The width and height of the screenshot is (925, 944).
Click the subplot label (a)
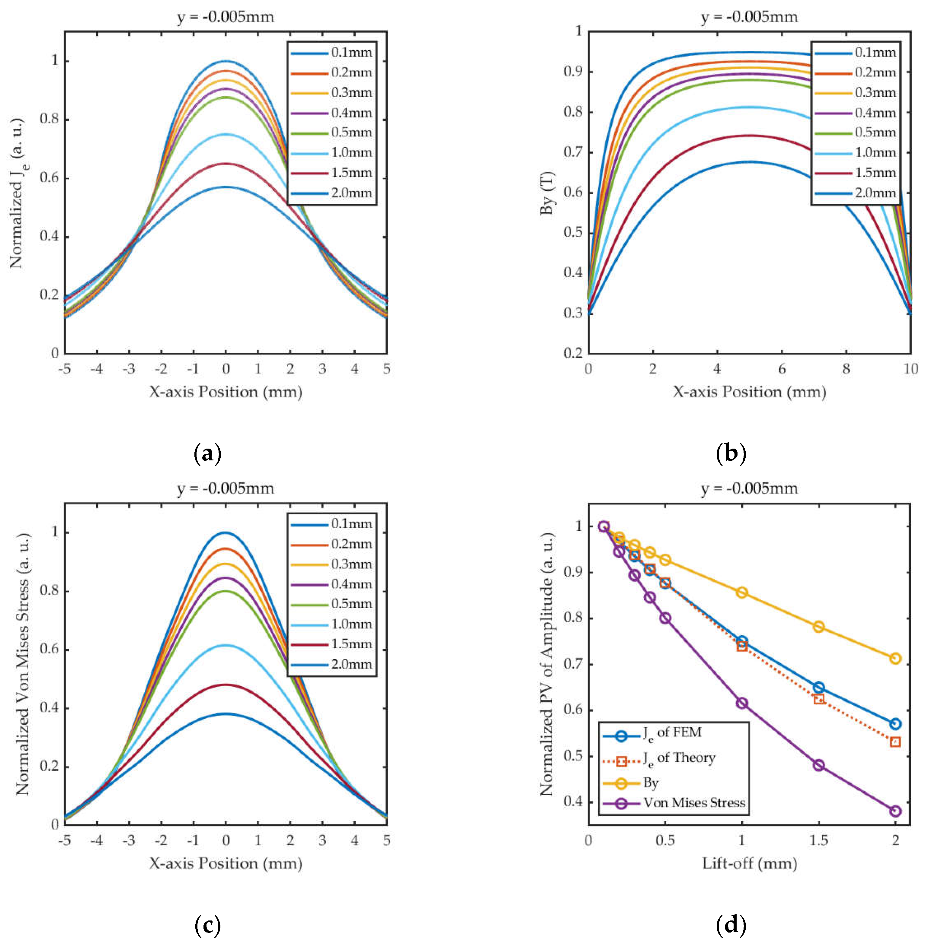click(207, 454)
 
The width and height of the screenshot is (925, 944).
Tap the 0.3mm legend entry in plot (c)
click(351, 564)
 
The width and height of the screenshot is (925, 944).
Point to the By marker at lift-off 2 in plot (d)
click(895, 659)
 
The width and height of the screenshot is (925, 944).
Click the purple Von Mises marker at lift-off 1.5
click(819, 765)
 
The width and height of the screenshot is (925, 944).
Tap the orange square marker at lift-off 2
click(895, 742)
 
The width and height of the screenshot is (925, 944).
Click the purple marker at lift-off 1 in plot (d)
click(742, 703)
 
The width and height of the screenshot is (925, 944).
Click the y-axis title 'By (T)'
click(548, 193)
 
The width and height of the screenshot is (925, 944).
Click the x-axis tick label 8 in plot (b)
click(846, 369)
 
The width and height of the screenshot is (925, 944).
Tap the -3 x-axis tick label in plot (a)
click(129, 369)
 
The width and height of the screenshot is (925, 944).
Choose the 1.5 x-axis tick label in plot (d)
click(819, 841)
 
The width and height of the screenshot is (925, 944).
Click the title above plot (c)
click(226, 488)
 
